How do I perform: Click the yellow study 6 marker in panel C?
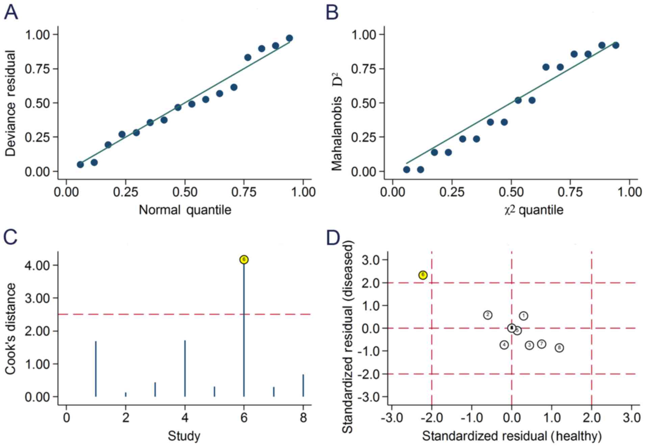point(244,259)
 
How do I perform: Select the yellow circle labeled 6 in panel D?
point(423,275)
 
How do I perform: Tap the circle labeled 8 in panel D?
point(559,348)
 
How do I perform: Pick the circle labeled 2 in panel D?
point(488,315)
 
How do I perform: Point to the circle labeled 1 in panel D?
point(523,316)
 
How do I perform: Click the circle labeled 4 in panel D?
point(504,345)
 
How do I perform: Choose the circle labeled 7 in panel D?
point(542,344)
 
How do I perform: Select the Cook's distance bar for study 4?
point(185,368)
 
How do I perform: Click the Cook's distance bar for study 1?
point(96,369)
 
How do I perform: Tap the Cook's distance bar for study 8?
point(303,385)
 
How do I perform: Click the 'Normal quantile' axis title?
point(185,210)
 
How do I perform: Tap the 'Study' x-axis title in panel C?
point(184,436)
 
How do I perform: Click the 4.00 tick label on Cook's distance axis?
point(37,265)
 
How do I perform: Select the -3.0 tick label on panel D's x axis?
point(392,418)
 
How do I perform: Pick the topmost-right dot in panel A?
point(289,38)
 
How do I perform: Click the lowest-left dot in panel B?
point(407,169)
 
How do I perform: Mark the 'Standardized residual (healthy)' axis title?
point(512,436)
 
